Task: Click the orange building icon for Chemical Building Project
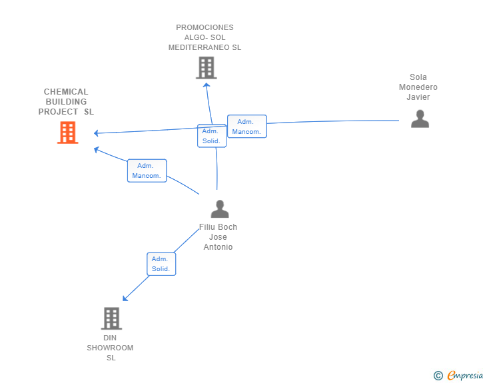click(68, 133)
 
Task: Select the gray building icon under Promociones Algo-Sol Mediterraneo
click(207, 68)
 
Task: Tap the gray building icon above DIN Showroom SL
click(111, 318)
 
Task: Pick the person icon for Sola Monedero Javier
click(420, 119)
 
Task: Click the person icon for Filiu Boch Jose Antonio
click(220, 209)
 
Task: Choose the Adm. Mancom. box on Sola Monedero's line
click(246, 127)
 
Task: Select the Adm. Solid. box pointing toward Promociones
click(212, 136)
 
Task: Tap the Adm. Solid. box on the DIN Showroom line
click(161, 264)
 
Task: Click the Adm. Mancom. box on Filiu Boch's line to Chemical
click(147, 171)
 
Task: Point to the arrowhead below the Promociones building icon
click(207, 85)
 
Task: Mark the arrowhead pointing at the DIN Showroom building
click(125, 298)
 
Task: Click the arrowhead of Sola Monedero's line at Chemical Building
click(96, 133)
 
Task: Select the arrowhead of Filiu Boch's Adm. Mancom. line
click(96, 149)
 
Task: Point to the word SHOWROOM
click(110, 348)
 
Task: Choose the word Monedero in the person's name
click(418, 87)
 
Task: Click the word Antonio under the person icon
click(218, 247)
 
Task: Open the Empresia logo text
click(465, 375)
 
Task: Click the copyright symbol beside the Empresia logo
click(438, 376)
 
